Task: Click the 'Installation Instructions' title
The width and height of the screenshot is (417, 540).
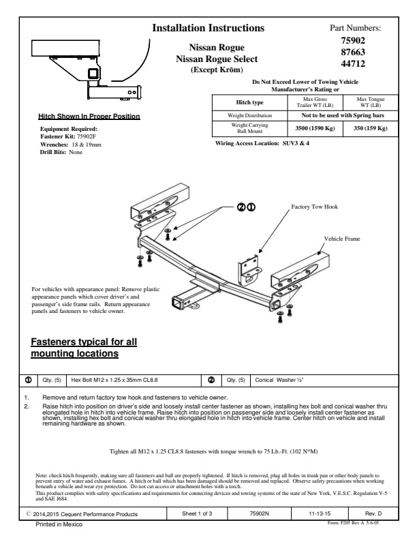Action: pos(208,28)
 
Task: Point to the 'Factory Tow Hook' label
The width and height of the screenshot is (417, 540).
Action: pos(315,206)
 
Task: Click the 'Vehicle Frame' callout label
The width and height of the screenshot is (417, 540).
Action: pos(342,239)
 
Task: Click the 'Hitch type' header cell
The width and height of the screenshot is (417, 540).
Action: pos(248,102)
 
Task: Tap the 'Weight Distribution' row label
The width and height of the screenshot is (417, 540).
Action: pos(248,116)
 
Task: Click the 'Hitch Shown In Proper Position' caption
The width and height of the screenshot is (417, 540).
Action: pos(89,117)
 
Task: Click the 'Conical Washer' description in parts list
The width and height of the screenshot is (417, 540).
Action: pos(273,380)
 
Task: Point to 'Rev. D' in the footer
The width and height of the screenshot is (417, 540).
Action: pos(371,513)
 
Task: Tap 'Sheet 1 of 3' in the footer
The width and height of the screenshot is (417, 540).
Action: pos(197,513)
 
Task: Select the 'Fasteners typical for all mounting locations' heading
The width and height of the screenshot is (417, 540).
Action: pos(84,348)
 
